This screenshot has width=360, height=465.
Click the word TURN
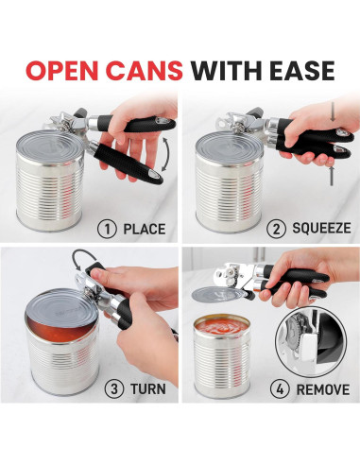click(141, 386)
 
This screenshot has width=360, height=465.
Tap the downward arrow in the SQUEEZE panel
click(330, 179)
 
